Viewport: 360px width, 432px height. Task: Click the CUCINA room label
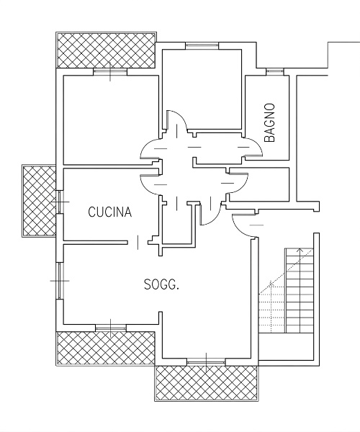(x=110, y=212)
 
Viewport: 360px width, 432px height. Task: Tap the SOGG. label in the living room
(x=162, y=284)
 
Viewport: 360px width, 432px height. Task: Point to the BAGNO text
(x=270, y=122)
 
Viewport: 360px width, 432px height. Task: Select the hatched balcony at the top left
(x=106, y=50)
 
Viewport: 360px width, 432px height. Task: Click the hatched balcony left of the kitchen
(x=40, y=201)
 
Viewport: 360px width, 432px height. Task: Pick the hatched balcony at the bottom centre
(x=207, y=383)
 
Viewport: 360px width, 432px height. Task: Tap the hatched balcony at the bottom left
(x=106, y=348)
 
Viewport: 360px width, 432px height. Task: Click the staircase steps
(x=299, y=290)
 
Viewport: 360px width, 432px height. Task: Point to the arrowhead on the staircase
(x=300, y=250)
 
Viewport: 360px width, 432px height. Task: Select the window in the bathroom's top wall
(x=275, y=71)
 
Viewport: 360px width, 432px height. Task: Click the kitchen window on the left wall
(x=60, y=202)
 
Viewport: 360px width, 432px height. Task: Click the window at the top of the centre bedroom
(x=202, y=46)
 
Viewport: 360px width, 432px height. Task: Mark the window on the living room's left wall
(x=60, y=281)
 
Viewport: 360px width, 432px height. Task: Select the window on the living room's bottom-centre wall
(x=206, y=361)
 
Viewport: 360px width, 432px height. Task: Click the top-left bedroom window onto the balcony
(x=110, y=71)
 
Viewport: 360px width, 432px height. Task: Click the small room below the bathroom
(x=259, y=184)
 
